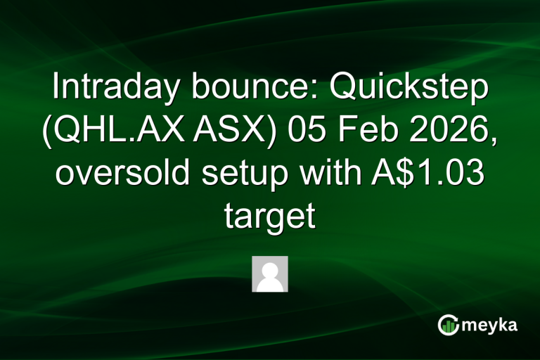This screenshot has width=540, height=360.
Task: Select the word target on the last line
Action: tap(269, 216)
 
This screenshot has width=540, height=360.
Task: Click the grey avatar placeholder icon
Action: tap(269, 274)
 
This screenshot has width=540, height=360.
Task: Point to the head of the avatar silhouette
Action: tap(269, 268)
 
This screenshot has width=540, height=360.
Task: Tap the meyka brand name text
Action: tap(489, 326)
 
